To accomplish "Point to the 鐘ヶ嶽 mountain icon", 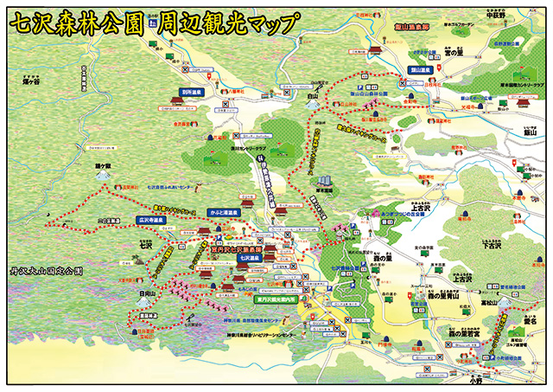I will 104,173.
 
